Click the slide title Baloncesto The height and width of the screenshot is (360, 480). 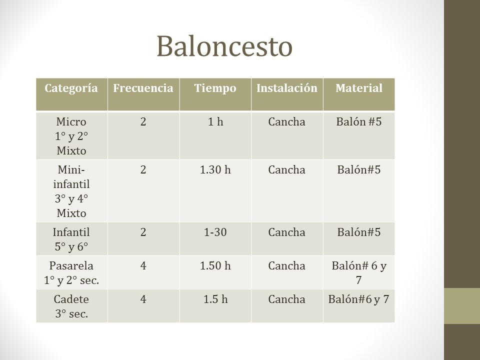click(224, 46)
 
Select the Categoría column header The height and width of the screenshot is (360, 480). click(71, 88)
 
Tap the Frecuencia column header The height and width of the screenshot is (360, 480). click(143, 88)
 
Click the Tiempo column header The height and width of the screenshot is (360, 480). click(215, 88)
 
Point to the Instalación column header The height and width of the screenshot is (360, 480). click(287, 88)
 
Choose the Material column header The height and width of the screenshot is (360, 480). click(359, 88)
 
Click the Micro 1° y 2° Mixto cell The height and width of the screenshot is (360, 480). click(71, 136)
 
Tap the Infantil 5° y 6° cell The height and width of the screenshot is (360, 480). click(71, 239)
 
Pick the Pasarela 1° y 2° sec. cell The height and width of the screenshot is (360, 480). click(71, 272)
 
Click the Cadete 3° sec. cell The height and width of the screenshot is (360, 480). click(71, 306)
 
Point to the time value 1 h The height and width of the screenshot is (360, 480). click(215, 122)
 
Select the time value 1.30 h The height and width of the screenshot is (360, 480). click(215, 170)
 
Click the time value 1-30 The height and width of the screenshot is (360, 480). click(215, 232)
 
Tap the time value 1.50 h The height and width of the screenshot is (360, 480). click(215, 266)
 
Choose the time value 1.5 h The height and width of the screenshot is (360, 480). click(215, 299)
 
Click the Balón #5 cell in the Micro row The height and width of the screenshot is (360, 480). click(359, 122)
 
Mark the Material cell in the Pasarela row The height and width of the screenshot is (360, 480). click(359, 272)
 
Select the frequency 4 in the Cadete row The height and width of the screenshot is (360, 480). click(143, 299)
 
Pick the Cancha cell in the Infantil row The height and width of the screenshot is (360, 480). click(287, 232)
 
